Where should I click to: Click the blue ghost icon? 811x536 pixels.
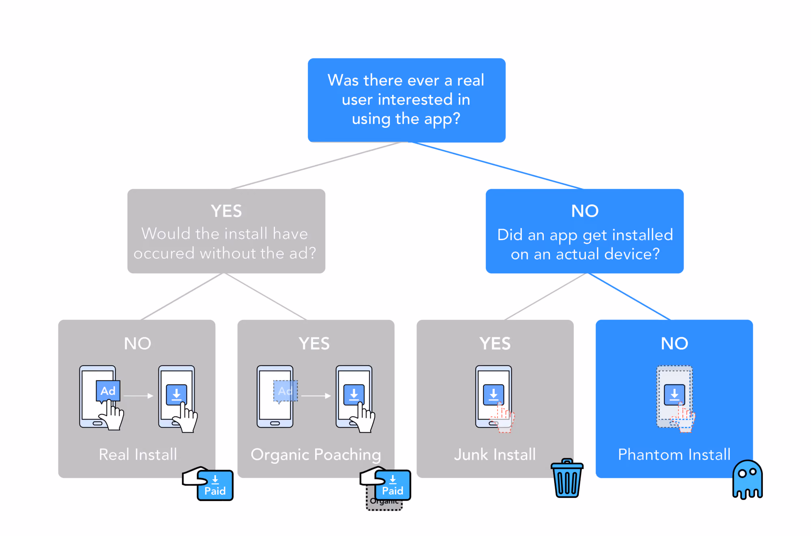click(x=747, y=479)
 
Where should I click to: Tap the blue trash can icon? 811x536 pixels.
click(x=567, y=478)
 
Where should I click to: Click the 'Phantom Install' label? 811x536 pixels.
click(x=674, y=455)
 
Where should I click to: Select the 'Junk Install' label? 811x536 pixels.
click(x=495, y=455)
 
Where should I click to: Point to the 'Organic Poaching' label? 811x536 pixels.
click(x=316, y=455)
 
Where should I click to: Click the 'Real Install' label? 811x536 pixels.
click(x=138, y=455)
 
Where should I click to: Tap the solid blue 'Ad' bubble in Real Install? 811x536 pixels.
click(x=108, y=391)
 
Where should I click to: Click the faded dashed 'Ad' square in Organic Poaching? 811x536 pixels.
click(x=285, y=391)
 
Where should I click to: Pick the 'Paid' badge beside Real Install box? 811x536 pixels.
click(x=215, y=485)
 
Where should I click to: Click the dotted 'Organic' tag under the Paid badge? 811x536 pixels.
click(x=384, y=503)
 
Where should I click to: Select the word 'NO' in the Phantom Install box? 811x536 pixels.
click(x=674, y=343)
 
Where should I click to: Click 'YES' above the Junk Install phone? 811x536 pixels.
click(x=495, y=343)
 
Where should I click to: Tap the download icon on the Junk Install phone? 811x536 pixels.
click(x=493, y=394)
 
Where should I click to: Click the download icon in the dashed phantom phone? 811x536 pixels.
click(x=674, y=394)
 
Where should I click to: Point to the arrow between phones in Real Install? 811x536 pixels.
click(x=138, y=396)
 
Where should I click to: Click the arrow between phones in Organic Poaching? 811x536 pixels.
click(x=316, y=396)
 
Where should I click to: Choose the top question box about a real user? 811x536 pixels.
click(x=406, y=100)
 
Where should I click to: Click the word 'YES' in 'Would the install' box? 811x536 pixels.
click(x=226, y=211)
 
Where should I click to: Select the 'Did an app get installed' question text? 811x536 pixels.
click(x=585, y=244)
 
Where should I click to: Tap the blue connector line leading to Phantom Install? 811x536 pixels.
click(x=629, y=296)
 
